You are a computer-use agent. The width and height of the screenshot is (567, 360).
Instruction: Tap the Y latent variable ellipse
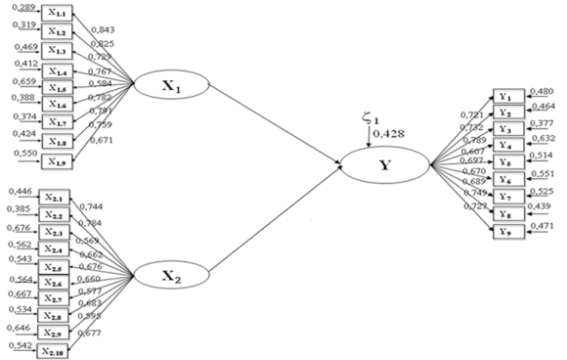pos(384,164)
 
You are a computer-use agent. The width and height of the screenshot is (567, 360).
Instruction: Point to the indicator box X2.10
pos(54,350)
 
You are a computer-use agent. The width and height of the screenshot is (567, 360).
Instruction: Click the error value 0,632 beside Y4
pos(544,139)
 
